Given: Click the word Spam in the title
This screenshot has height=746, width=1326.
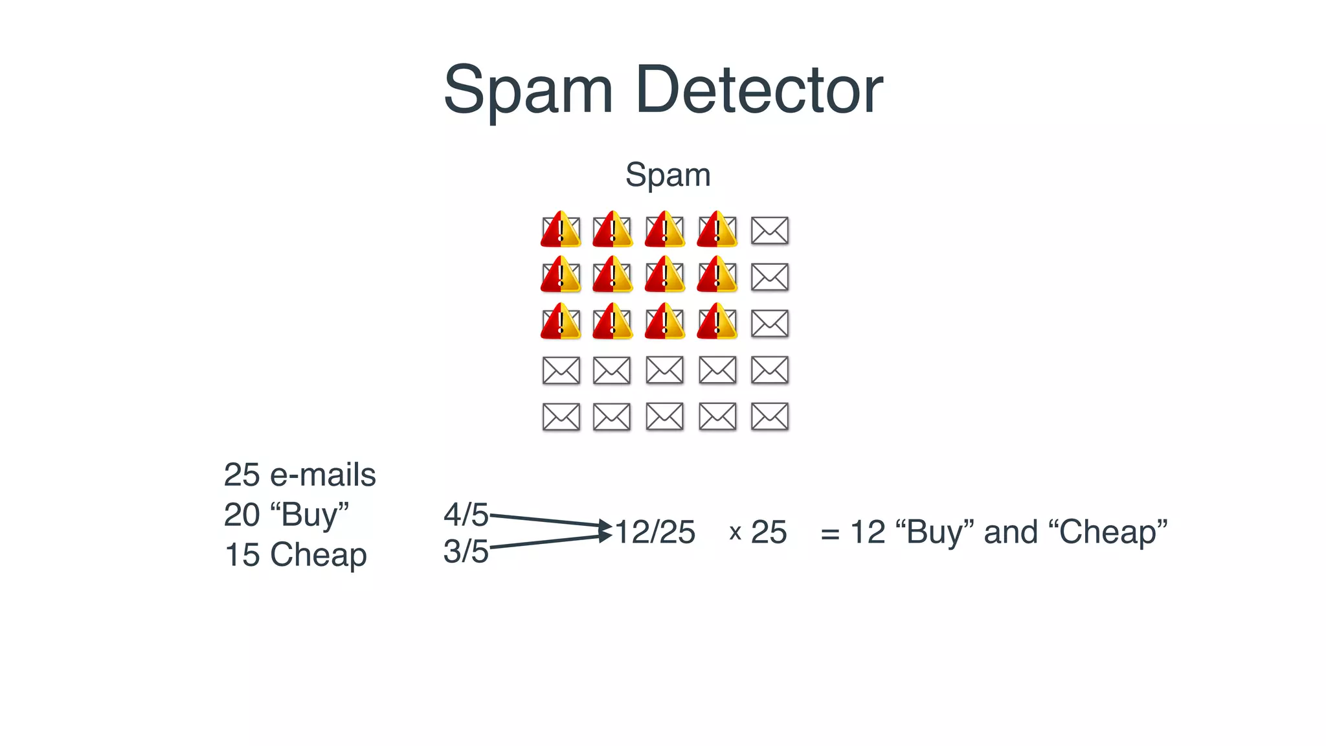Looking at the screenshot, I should (528, 91).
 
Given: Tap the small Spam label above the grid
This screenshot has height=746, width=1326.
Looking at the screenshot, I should (668, 175).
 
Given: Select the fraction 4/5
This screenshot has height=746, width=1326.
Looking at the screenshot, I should (466, 515).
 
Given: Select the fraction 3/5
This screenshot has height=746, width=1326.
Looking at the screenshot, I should (466, 552).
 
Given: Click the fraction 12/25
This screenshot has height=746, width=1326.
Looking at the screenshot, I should (655, 532).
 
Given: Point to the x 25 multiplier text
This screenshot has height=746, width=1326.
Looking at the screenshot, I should (758, 532).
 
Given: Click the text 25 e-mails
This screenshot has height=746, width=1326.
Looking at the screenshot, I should (299, 475).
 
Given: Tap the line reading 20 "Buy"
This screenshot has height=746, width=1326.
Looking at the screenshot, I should (286, 515).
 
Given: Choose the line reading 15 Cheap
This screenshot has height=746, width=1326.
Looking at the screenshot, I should (295, 555).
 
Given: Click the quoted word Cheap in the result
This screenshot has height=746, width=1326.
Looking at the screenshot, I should (1108, 532).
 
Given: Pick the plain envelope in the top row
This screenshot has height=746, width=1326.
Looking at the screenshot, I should (769, 231).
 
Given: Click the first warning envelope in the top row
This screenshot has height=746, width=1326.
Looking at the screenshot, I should (561, 230).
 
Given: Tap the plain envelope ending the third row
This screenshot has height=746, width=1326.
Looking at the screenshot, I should (769, 324).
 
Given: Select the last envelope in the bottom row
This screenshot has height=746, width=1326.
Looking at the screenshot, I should (769, 416).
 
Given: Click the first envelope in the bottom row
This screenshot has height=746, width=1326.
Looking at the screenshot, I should (561, 416).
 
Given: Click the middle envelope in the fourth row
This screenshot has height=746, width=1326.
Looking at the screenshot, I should (664, 370).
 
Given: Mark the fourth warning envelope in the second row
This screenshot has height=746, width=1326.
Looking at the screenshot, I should (717, 276).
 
